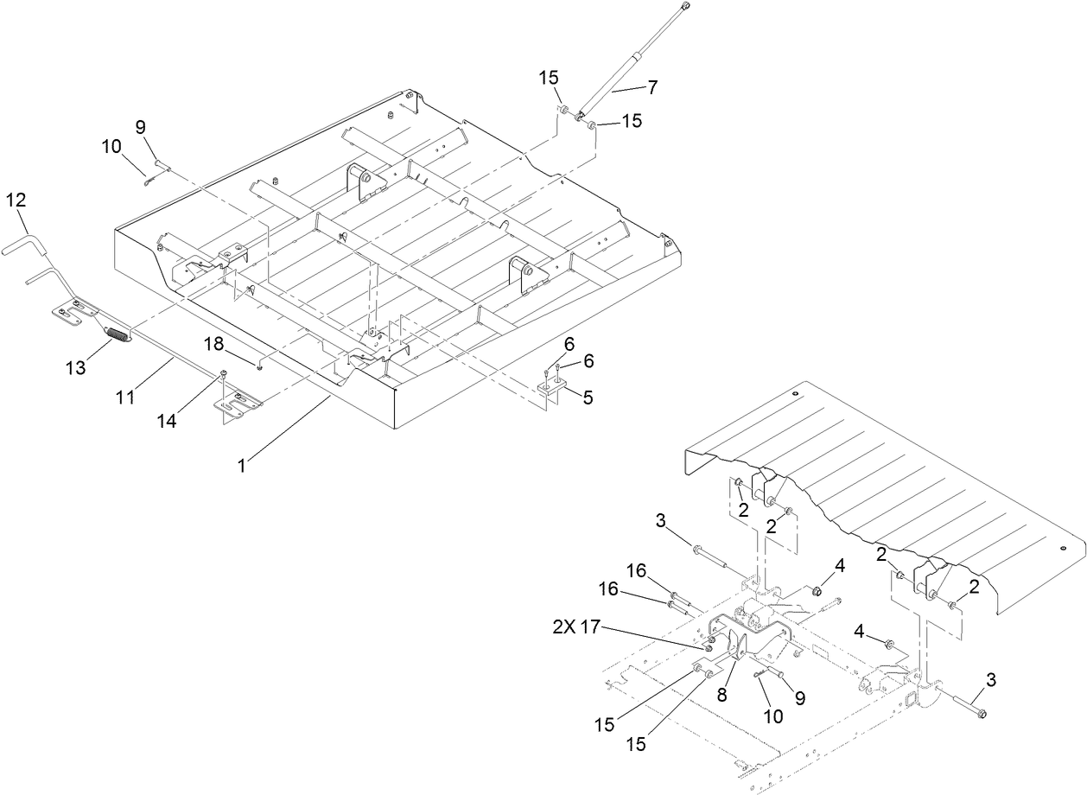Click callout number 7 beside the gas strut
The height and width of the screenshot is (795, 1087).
pos(652,86)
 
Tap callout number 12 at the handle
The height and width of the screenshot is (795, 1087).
pos(16,200)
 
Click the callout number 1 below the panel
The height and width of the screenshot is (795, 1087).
pos(243,465)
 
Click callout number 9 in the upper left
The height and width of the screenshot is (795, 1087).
pos(140,126)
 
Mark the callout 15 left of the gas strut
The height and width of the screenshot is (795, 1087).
pos(550,78)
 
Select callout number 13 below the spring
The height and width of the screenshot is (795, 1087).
pos(75,368)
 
